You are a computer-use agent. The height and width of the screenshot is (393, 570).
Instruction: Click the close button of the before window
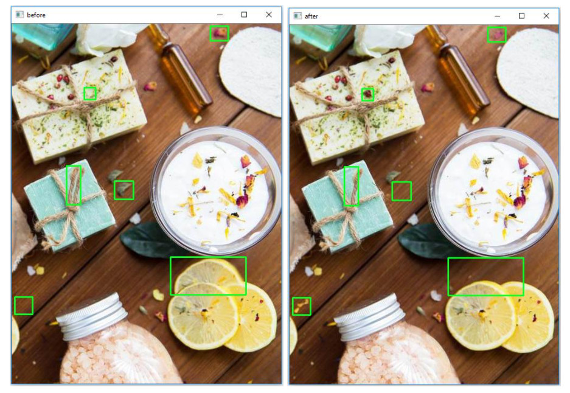(x=269, y=15)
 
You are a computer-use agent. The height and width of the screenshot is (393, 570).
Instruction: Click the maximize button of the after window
(x=521, y=16)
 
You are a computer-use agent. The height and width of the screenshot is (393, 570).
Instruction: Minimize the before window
(x=220, y=15)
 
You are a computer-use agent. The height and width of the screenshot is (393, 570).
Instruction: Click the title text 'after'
(x=311, y=16)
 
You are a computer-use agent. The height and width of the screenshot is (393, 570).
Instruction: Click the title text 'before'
(x=36, y=15)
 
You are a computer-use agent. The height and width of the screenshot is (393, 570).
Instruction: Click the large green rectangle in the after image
(x=485, y=277)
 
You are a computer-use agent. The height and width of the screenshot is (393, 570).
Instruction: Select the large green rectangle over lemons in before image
(x=208, y=276)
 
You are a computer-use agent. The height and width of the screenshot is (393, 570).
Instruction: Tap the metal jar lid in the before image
(x=92, y=316)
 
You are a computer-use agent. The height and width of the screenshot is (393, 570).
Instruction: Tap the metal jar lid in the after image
(x=370, y=316)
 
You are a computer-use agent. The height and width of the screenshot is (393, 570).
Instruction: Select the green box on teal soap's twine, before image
(x=73, y=185)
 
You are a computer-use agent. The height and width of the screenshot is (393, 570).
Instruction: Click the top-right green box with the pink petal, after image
(x=496, y=35)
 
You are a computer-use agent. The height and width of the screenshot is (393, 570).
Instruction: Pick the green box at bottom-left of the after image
(x=301, y=306)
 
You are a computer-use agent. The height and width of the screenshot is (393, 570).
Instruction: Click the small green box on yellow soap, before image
(x=90, y=93)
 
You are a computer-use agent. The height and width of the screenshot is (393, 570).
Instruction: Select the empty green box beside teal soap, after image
(x=401, y=191)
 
